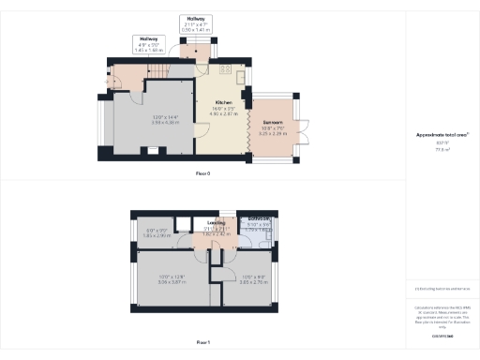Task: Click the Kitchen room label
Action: coord(223,102)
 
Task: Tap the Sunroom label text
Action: coord(274,123)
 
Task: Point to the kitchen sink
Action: coord(240,76)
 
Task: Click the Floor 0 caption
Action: coord(202,173)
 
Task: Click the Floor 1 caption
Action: coord(202,341)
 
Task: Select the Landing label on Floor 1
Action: coord(217,223)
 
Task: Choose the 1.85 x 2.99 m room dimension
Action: coord(157,234)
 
